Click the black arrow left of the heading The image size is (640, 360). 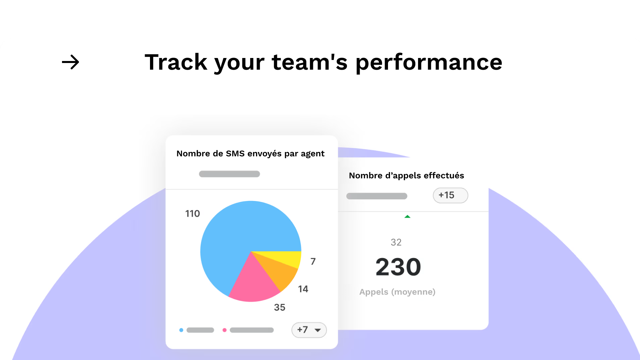[x=70, y=62]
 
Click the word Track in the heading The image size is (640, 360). [x=176, y=62]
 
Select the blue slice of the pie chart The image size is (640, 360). [x=240, y=233]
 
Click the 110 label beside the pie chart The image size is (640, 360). [x=192, y=214]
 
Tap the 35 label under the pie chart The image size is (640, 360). [x=280, y=307]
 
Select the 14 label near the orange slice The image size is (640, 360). [x=303, y=289]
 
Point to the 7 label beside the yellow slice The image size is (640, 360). [x=313, y=261]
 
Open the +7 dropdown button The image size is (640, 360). [x=309, y=330]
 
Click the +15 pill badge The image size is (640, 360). [x=450, y=195]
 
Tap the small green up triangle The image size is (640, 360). [x=407, y=217]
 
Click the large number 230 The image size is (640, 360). [x=398, y=267]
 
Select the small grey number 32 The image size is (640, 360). [x=396, y=242]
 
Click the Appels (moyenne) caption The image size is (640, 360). [x=397, y=292]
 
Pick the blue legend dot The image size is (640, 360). [x=181, y=330]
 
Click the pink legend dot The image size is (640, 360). [x=225, y=330]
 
